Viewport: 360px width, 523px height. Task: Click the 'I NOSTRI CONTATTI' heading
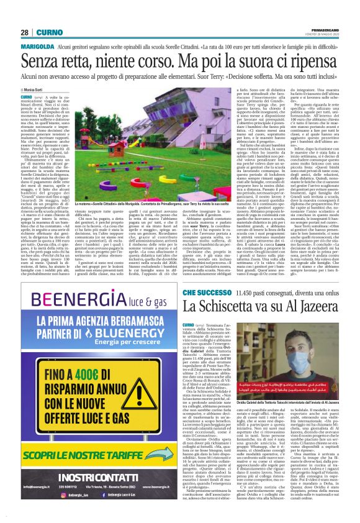click(x=94, y=477)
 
